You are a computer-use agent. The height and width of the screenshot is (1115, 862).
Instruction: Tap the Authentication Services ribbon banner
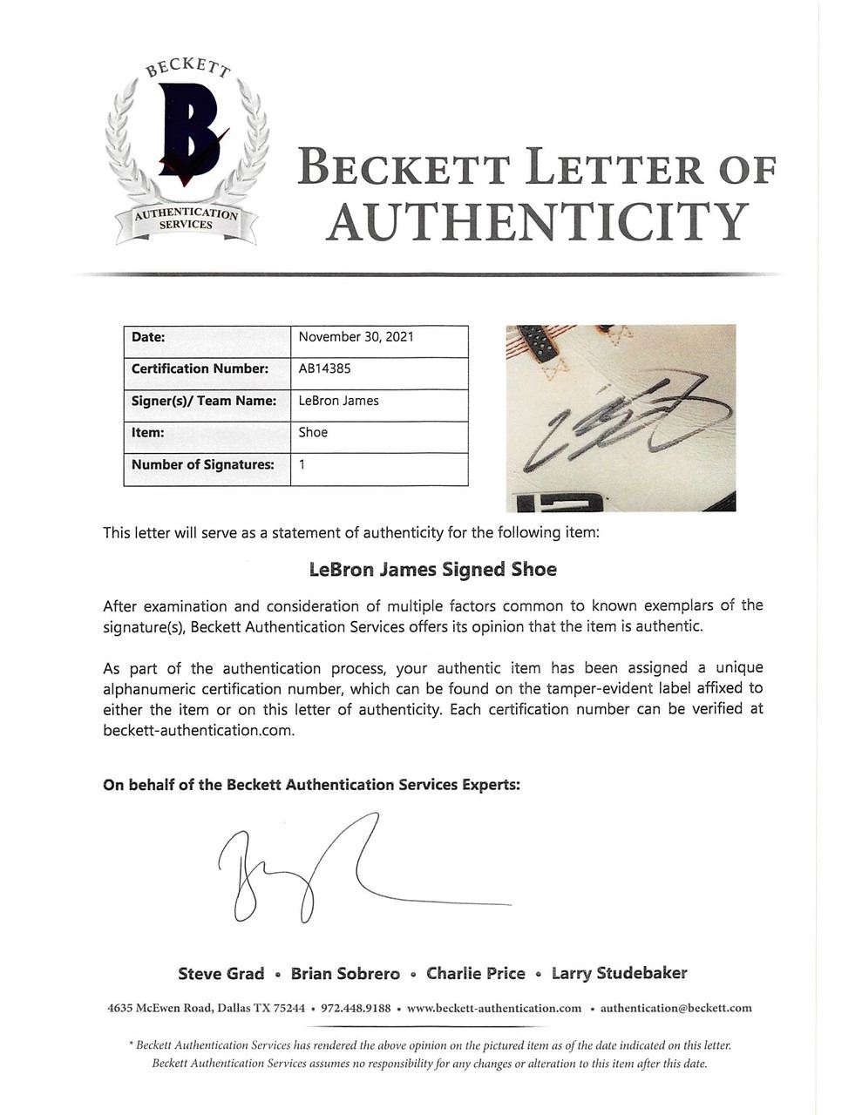[186, 219]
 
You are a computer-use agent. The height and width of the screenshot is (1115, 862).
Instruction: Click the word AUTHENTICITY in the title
[537, 222]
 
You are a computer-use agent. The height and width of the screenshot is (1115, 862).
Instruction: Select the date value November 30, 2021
[356, 337]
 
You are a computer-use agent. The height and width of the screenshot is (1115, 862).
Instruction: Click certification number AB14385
[324, 368]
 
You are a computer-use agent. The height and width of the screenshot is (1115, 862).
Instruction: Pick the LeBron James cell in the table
[338, 401]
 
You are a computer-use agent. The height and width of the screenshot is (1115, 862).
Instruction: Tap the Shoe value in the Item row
[313, 432]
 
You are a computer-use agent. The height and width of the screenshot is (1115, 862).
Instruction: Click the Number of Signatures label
[202, 464]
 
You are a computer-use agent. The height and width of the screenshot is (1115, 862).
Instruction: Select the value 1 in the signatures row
[302, 464]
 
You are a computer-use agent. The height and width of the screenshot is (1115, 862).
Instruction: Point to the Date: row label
[148, 337]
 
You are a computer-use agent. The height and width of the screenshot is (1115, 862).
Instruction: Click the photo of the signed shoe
[621, 417]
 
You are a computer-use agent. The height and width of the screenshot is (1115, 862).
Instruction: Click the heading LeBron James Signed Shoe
[432, 570]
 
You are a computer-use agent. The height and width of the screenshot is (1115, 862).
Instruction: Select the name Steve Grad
[221, 974]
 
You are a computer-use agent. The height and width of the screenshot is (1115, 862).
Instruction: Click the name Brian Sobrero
[345, 974]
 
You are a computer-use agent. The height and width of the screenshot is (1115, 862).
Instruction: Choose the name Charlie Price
[475, 974]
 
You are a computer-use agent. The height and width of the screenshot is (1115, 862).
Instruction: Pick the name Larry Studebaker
[619, 974]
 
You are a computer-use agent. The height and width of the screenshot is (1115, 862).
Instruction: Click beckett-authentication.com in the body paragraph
[199, 730]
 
